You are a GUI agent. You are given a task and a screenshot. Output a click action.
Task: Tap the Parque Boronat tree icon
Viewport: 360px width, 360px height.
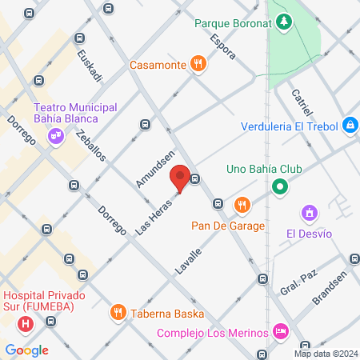[282, 22]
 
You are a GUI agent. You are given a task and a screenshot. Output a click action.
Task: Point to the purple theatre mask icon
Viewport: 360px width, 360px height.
[55, 136]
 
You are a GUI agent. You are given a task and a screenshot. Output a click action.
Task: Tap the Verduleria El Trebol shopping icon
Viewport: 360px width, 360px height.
[350, 126]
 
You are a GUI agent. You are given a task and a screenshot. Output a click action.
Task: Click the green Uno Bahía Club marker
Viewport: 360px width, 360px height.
[279, 188]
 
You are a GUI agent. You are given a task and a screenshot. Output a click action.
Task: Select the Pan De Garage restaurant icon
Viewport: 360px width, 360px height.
[242, 206]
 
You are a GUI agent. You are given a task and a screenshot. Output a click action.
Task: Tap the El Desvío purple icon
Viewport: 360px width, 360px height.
[309, 213]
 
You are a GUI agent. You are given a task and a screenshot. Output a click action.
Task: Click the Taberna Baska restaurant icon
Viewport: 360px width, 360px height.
[118, 311]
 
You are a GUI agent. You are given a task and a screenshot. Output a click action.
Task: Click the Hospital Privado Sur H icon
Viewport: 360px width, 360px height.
[26, 324]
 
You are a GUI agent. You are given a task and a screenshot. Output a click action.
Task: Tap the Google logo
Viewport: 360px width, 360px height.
[26, 350]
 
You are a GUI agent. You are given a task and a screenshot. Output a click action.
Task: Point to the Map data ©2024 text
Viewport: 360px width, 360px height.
[325, 353]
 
